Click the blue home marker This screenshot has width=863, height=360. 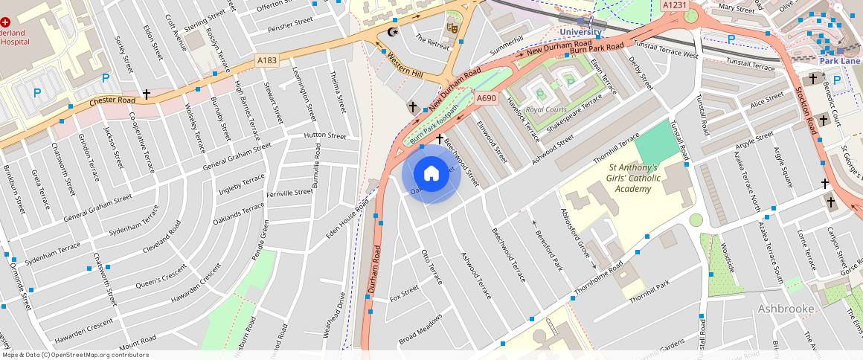coord(431,174)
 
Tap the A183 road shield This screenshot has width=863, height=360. coord(267,60)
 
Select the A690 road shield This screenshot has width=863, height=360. coord(486,98)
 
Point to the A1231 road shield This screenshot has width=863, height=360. coord(674,5)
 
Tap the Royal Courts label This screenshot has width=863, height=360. coord(545,109)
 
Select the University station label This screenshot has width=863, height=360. coord(580,32)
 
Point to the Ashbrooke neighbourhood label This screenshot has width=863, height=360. coord(786,308)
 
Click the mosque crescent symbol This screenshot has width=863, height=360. coord(393,31)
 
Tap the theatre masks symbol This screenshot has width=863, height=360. coord(451,28)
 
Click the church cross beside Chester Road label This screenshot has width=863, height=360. coord(147,94)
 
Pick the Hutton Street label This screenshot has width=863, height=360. coord(325,136)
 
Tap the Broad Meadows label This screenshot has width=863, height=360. coord(420,328)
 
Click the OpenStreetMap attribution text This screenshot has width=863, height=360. coord(74,355)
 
